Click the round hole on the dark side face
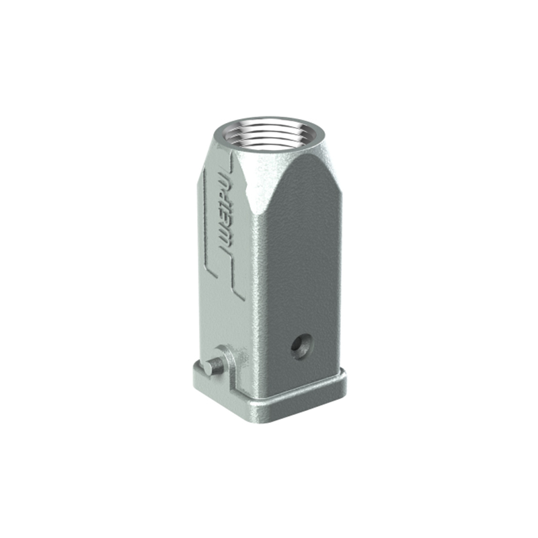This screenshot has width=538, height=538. pos(301,346)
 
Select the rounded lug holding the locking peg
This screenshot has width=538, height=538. pos(225,364)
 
